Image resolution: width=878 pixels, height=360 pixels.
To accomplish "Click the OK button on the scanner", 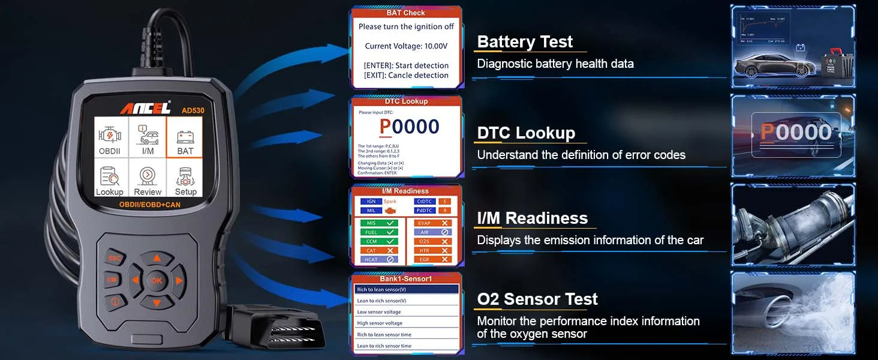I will [x=157, y=280].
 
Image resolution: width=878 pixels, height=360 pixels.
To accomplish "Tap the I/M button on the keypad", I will [x=112, y=280].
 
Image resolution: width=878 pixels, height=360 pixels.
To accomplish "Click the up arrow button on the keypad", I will [x=157, y=259].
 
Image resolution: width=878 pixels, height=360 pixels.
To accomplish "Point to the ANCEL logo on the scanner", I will [x=144, y=108].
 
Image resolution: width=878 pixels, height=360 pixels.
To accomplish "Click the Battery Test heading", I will [x=525, y=42].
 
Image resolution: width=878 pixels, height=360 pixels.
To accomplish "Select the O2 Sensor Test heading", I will [x=537, y=299].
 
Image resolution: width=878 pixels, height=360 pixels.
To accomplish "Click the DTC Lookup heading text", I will [x=526, y=133].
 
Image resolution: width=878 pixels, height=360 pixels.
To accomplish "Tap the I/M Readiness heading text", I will [x=532, y=218].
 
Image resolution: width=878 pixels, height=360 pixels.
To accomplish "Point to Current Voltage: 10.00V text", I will [x=406, y=46].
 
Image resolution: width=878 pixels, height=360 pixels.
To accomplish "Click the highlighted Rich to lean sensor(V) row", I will [x=406, y=289].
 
